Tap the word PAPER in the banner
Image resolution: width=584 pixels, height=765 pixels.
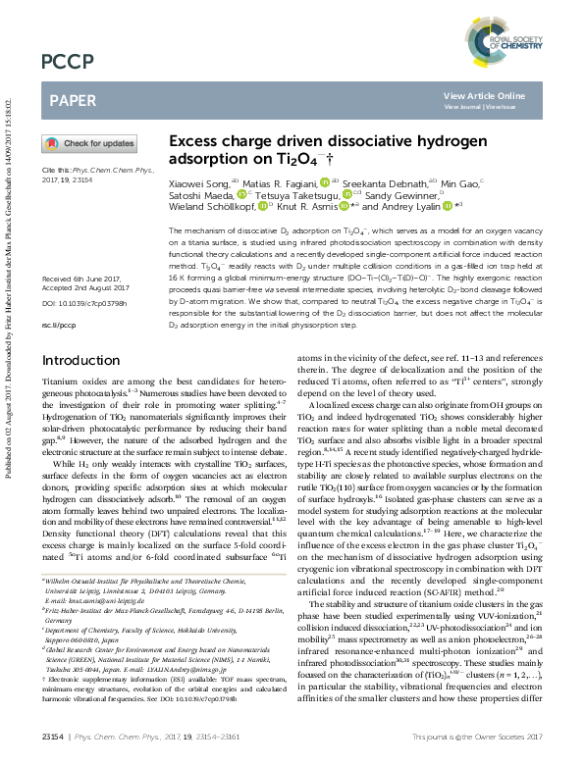coord(72,100)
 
